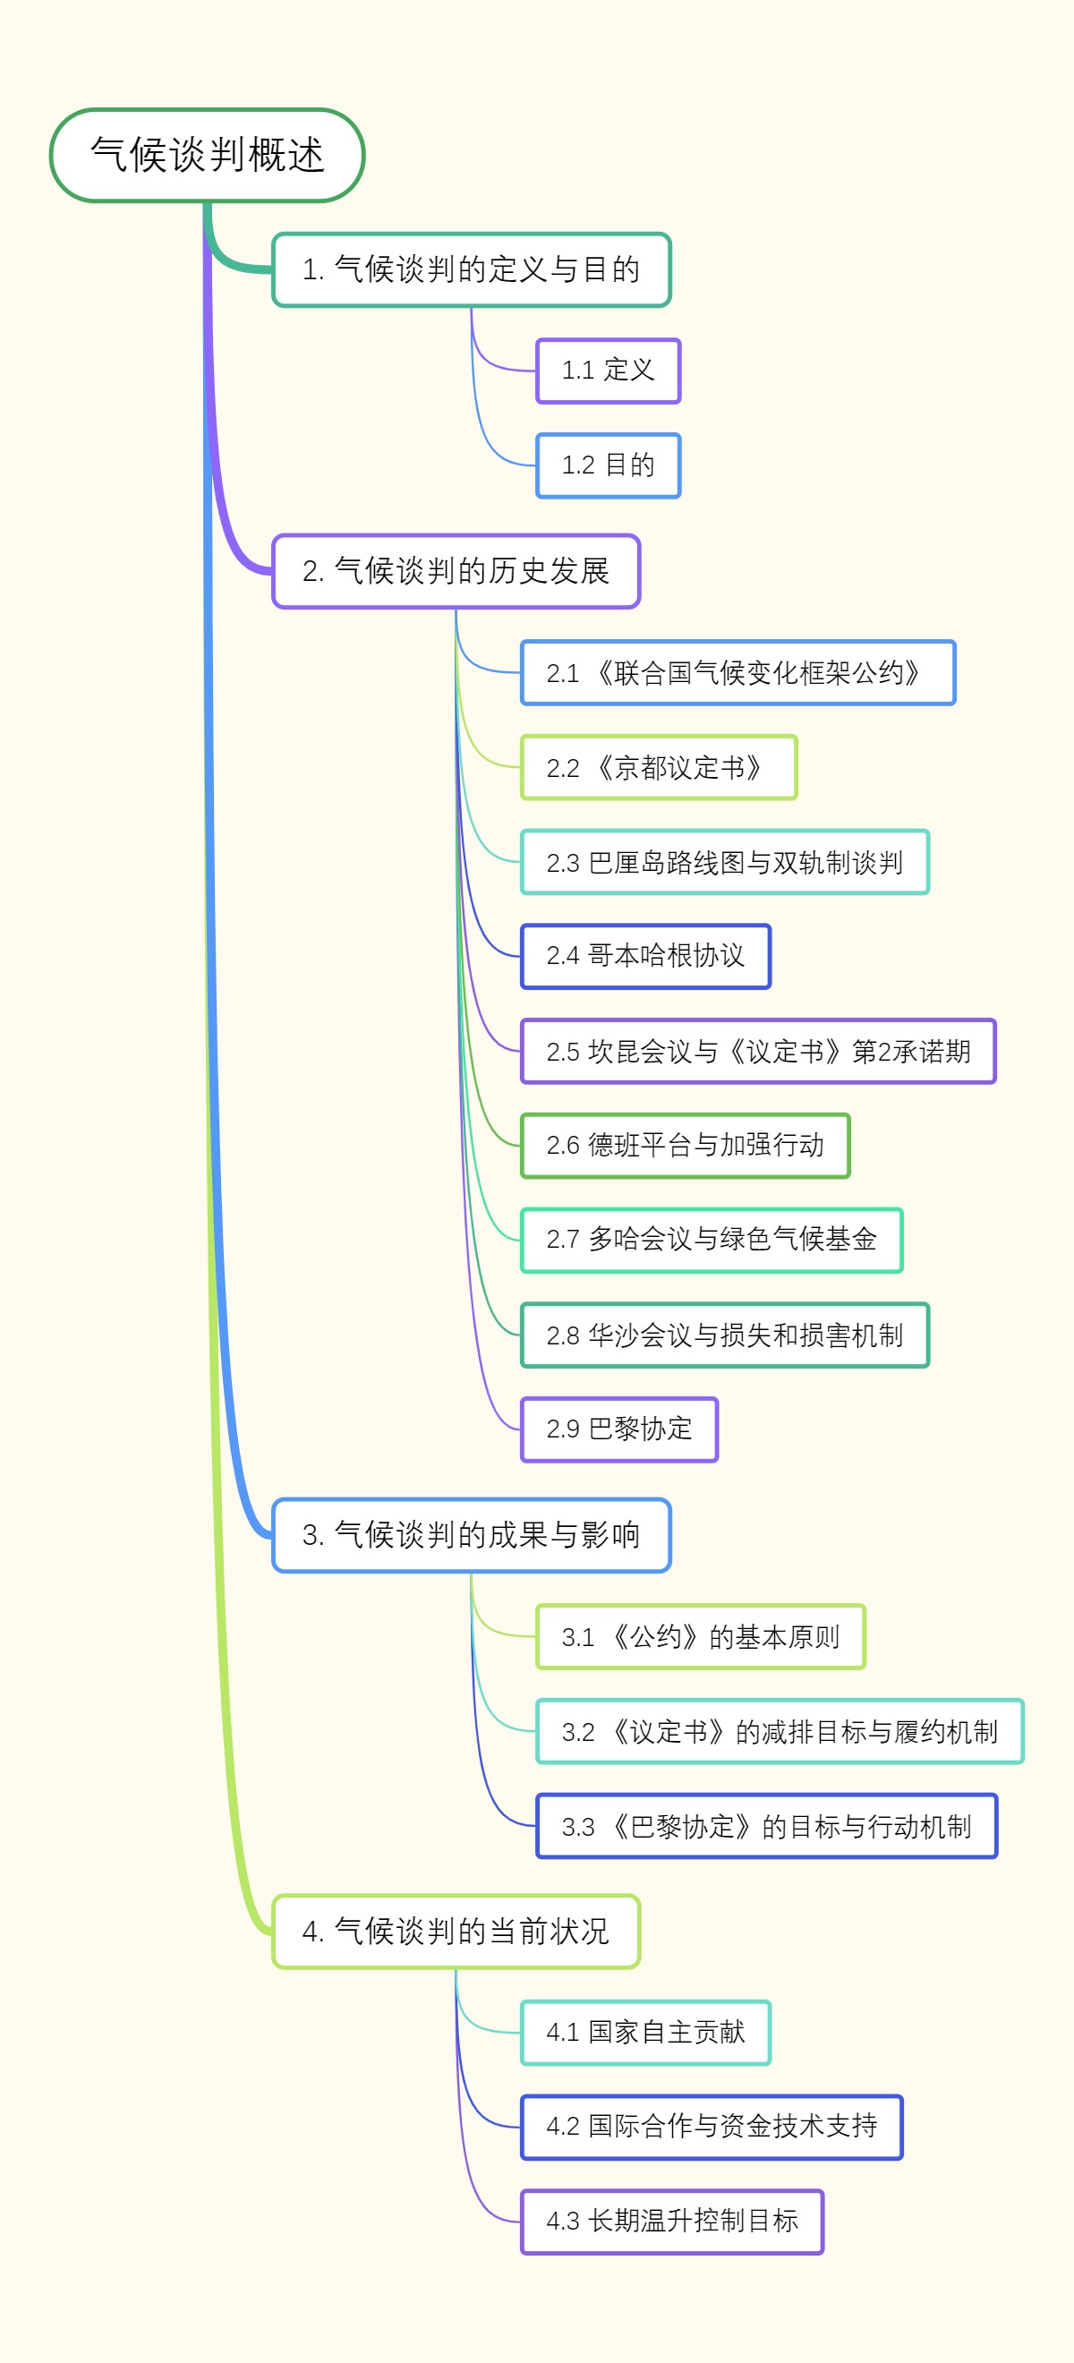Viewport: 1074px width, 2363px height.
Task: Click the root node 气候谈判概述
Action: tap(208, 155)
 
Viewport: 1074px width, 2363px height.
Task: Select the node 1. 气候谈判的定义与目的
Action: tap(472, 269)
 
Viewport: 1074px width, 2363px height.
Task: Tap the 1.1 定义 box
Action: tap(608, 371)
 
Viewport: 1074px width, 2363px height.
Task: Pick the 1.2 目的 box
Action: tap(608, 465)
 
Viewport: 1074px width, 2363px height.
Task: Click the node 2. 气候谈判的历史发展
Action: tap(456, 570)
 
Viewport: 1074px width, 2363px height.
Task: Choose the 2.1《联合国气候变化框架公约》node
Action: tap(737, 672)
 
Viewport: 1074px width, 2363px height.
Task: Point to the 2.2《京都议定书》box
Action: tap(659, 767)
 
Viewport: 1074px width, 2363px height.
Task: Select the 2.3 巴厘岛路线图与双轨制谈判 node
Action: tap(725, 862)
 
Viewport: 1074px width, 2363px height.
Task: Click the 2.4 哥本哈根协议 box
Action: tap(645, 956)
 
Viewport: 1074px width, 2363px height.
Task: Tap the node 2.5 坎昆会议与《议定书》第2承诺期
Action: tap(757, 1051)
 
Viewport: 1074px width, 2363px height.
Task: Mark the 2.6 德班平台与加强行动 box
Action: tap(685, 1145)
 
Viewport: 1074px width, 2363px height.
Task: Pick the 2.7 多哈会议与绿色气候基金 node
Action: tap(712, 1240)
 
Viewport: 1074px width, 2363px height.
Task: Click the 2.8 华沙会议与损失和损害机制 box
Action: tap(725, 1335)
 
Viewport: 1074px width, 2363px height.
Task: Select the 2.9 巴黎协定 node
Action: tap(619, 1429)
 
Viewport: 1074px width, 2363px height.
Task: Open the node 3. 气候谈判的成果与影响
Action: tap(472, 1535)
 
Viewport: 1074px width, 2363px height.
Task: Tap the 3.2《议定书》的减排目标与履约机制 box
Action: tap(780, 1731)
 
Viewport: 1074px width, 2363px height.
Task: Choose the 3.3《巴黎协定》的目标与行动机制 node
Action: tap(767, 1826)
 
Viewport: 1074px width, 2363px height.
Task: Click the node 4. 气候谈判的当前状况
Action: tap(456, 1931)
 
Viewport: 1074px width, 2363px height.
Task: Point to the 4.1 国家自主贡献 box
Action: tap(645, 2032)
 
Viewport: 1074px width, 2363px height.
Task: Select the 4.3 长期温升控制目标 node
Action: tap(672, 2221)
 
